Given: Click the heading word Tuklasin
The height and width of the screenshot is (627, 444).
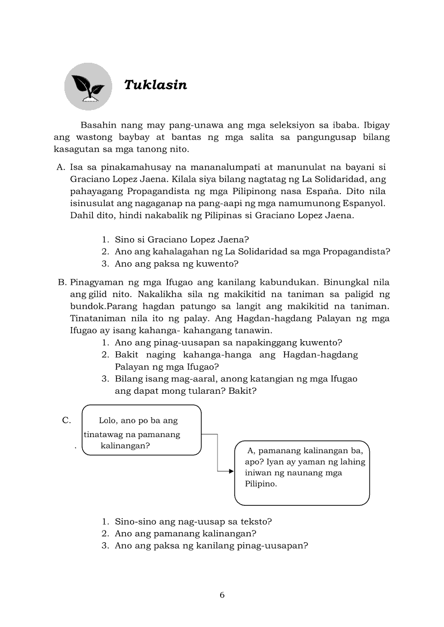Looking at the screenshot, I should click(155, 85).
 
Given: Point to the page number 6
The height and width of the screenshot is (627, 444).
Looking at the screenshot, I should click(222, 595).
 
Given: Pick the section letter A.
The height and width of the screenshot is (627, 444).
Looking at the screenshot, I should click(61, 167).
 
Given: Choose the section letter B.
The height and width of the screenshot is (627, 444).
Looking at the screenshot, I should click(62, 282).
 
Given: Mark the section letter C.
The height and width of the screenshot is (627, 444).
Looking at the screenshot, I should click(67, 421).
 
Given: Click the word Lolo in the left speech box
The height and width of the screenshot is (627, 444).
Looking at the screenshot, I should click(110, 421).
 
